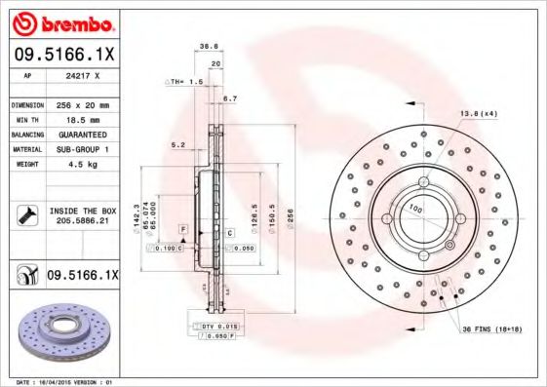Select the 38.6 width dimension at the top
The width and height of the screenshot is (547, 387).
[207, 46]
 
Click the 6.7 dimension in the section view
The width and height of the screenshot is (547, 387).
[230, 99]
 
